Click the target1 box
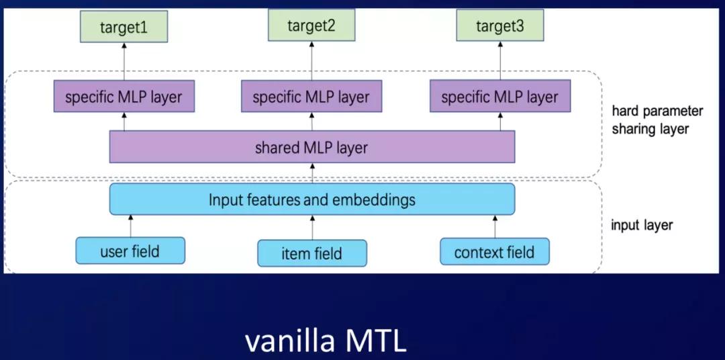coord(124,28)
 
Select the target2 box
coord(311,26)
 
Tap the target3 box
coord(500,27)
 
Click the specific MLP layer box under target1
coord(124,97)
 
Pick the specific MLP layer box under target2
coord(311,97)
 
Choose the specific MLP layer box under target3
coord(500,97)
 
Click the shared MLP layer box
coord(311,147)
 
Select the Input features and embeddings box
coord(311,199)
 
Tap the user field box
coord(130,251)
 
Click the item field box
coord(311,253)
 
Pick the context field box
coord(495,253)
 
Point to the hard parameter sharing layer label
coord(657,120)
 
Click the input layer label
coord(641,225)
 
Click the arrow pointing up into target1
coord(124,62)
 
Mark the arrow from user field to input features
coord(130,226)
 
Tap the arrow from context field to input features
coord(495,226)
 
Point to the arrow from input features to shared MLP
coord(311,173)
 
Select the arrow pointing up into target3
coord(500,62)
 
